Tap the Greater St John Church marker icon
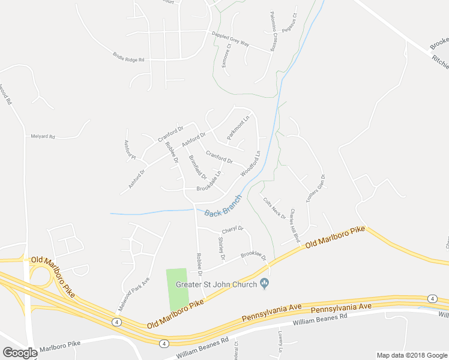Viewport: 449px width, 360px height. (264, 284)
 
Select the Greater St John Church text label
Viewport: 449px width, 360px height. (215, 284)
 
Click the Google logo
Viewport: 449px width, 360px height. (20, 353)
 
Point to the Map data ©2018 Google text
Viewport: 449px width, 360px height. (411, 355)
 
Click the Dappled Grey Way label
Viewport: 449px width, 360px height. (231, 38)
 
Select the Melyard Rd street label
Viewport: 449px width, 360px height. (43, 137)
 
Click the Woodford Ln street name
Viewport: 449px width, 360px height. (251, 164)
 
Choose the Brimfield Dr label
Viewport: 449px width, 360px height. (197, 168)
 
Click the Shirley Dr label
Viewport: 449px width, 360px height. (220, 248)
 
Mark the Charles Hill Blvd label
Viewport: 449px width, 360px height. (294, 226)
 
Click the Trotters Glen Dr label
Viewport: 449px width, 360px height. (315, 190)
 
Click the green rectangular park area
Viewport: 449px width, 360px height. (177, 289)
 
